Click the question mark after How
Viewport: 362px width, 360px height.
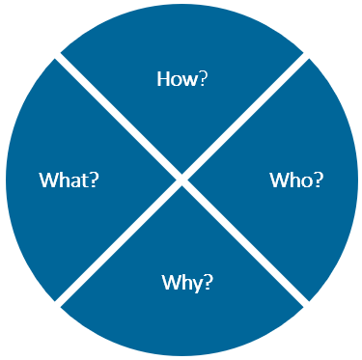201,79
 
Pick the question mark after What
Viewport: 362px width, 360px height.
96,180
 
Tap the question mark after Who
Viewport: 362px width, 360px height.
318,180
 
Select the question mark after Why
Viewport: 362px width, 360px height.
208,283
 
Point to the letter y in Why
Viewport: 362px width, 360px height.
196,285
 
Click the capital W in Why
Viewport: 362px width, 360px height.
170,283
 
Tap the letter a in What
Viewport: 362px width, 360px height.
75,180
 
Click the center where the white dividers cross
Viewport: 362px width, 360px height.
181,179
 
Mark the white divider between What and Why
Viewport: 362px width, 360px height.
117,243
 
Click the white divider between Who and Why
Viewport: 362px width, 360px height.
246,243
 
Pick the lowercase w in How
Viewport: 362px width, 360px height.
188,80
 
